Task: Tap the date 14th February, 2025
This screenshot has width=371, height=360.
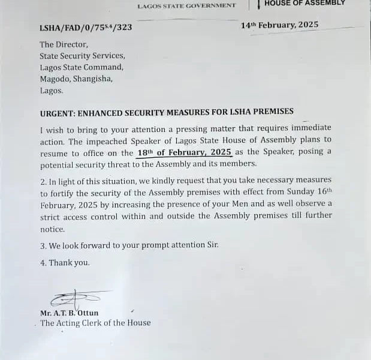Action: (279, 25)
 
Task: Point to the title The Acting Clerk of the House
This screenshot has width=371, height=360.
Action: (95, 323)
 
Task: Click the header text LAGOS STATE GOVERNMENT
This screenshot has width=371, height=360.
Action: (186, 6)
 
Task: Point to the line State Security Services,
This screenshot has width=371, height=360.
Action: (82, 56)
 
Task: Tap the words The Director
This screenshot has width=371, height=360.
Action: (64, 44)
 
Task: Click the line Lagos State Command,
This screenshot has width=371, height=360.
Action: (82, 67)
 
